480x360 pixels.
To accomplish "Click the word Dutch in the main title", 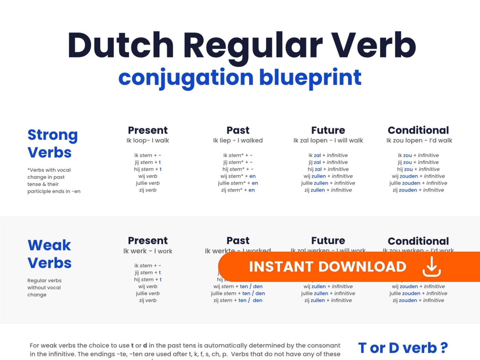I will pos(121,45).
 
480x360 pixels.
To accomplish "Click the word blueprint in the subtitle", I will pos(310,77).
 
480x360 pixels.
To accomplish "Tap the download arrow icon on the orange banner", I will pos(431,267).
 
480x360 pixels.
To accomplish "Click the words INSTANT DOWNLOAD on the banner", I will pos(327,267).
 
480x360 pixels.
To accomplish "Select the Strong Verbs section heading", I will pos(52,144).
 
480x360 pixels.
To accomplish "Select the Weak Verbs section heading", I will pos(50,254).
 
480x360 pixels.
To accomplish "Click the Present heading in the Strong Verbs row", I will pos(148,130).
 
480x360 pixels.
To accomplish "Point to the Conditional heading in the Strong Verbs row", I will pos(418,130).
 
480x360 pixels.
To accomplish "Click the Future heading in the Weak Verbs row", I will pos(328,241).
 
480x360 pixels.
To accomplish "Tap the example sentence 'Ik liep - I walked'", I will pos(238,140).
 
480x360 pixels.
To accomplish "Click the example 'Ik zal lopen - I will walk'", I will pos(328,140).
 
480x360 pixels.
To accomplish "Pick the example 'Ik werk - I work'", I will pos(148,251).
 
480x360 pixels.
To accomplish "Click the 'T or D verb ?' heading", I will pos(403,348).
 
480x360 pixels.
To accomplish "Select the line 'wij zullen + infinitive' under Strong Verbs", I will pos(328,176).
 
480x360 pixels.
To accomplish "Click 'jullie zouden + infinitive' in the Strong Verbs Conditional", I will pos(418,183).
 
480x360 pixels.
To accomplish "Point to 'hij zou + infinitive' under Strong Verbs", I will pos(418,169).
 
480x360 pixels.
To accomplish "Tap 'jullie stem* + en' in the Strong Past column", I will pos(238,183).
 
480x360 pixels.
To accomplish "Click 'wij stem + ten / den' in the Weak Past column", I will pos(238,286).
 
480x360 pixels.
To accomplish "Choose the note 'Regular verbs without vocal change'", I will pos(44,287).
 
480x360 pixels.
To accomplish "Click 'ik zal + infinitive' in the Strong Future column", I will pos(328,155).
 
